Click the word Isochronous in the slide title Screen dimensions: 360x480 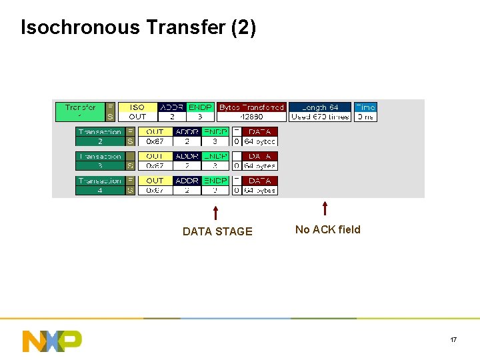[81, 27]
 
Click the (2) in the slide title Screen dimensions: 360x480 [243, 27]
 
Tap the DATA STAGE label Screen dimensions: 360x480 [217, 231]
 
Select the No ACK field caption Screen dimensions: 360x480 [327, 229]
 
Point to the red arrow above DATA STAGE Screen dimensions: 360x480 [215, 213]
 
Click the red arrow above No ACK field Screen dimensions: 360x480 [325, 209]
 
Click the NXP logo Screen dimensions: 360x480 [52, 341]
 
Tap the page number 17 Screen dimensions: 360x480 [453, 340]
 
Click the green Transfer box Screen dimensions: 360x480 [80, 111]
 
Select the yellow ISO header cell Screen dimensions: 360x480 [137, 107]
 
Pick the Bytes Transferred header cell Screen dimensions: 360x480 [251, 107]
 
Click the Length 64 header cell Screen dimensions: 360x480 [320, 107]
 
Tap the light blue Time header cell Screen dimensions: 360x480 [365, 107]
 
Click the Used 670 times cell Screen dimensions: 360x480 [320, 117]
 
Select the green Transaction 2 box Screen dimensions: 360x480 [99, 136]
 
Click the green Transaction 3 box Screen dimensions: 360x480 [99, 161]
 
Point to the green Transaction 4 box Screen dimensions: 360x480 [99, 185]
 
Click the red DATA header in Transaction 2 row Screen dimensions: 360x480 [259, 132]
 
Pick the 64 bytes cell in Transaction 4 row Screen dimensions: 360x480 [259, 190]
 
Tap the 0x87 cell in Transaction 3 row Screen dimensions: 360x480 [155, 165]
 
